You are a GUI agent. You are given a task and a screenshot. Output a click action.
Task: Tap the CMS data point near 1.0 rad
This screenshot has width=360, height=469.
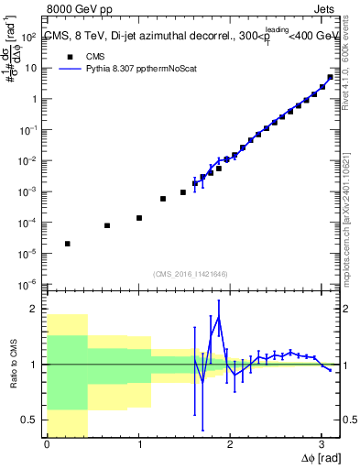tap(139, 218)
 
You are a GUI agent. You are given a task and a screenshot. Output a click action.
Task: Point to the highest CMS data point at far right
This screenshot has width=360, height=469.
tap(330, 77)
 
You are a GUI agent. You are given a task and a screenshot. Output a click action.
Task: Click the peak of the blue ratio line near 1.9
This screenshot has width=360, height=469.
tap(219, 318)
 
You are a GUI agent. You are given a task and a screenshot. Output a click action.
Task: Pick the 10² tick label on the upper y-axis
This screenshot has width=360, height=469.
tap(29, 38)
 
